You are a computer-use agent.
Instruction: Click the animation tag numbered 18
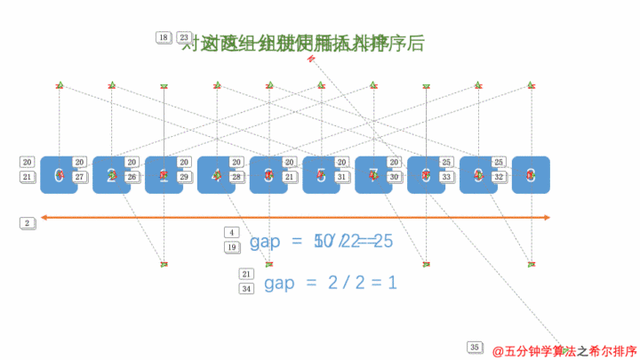tap(163, 37)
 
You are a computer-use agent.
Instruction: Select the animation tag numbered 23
tap(184, 37)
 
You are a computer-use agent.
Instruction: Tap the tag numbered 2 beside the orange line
tap(27, 223)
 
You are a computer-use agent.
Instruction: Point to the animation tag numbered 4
tap(232, 233)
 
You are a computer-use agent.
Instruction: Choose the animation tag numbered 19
tap(232, 247)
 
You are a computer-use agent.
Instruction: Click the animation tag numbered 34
tap(247, 288)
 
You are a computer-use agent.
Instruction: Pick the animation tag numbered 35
tap(475, 347)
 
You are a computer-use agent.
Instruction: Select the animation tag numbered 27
tap(80, 177)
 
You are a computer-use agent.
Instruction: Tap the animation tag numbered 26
tap(132, 177)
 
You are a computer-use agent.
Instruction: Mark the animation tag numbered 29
tap(185, 177)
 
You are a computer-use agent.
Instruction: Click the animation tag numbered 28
tap(237, 177)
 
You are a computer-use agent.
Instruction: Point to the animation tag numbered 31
tap(342, 177)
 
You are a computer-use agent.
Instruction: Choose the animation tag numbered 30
tap(395, 177)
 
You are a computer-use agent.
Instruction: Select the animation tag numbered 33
tap(447, 177)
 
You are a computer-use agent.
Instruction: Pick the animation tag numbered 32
tap(500, 177)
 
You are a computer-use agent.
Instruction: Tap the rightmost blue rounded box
tap(532, 175)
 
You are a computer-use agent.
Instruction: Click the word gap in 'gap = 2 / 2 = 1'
tap(279, 284)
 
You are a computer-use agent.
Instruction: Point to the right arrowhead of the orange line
tap(548, 217)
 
